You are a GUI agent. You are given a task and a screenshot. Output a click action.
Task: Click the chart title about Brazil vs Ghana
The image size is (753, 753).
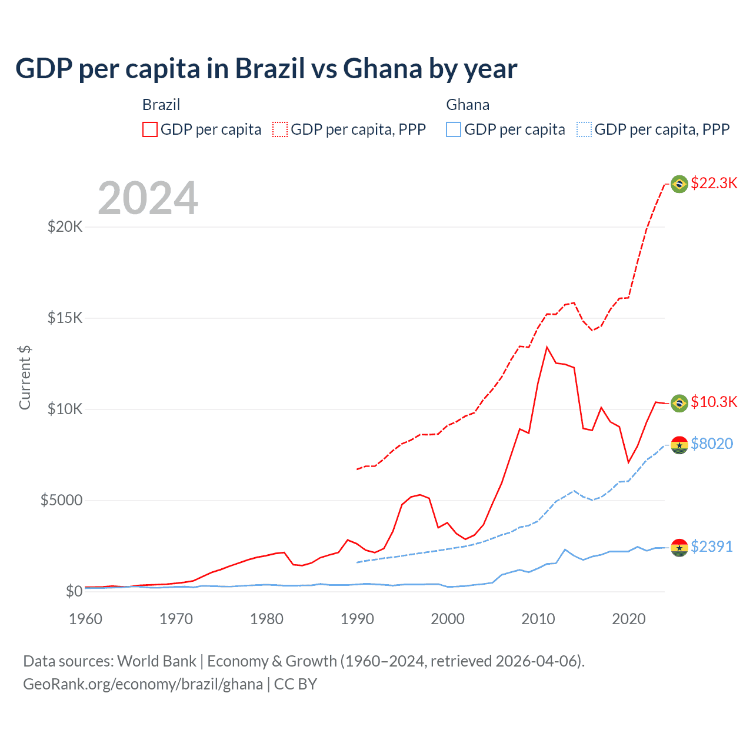[266, 69]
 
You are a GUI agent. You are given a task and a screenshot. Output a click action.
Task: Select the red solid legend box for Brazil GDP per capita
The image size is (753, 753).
[150, 129]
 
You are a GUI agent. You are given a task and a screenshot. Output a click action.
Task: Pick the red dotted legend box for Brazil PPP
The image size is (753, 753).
[280, 129]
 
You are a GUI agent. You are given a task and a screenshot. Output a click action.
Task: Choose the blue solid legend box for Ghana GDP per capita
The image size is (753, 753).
[454, 129]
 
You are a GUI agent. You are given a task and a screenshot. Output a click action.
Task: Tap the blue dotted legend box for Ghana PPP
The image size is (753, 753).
[584, 129]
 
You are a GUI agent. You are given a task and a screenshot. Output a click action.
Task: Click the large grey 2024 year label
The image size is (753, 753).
[148, 198]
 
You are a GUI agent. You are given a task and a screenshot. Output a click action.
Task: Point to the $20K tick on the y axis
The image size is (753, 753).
[65, 226]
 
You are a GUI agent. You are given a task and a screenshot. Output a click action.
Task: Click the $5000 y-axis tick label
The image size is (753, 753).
[61, 500]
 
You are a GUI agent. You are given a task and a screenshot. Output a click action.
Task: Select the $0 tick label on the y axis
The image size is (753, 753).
[74, 591]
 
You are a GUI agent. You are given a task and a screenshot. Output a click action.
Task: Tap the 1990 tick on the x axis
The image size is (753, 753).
[357, 619]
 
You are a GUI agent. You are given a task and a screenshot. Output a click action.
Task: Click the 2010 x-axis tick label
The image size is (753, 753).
[538, 619]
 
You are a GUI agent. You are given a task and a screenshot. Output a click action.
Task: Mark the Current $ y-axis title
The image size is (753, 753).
[25, 378]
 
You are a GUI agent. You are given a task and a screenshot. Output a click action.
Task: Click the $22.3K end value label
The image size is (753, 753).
[714, 183]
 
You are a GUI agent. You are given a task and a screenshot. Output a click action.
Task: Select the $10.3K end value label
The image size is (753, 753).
[714, 402]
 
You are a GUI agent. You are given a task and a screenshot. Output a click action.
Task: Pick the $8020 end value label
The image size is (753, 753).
[712, 444]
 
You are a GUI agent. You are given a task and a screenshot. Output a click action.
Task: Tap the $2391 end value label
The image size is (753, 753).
[712, 547]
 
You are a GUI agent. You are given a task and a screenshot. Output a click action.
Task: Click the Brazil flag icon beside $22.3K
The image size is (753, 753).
[679, 184]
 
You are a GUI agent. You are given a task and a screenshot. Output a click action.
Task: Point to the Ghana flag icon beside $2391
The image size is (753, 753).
[679, 547]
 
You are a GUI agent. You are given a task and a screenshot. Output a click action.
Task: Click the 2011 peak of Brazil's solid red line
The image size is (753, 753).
[547, 347]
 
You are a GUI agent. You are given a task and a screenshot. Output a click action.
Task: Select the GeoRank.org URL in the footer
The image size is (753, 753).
[143, 684]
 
